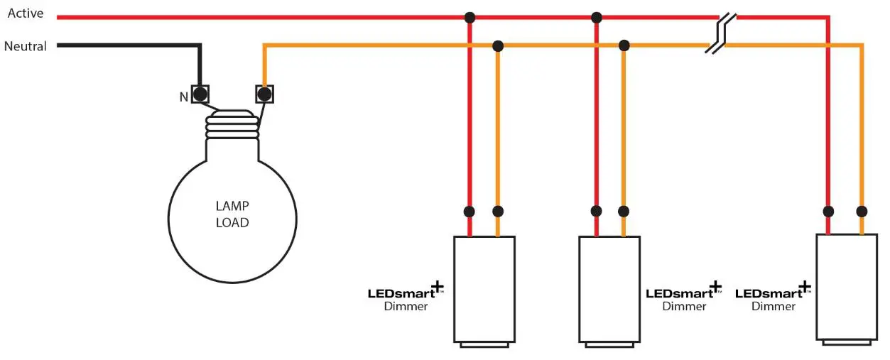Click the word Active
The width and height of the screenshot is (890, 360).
point(26,13)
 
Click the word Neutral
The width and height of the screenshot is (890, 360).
point(26,46)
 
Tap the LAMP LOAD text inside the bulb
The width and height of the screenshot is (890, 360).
point(232,214)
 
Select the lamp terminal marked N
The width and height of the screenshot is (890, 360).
point(200,94)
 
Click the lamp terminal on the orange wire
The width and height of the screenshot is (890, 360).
point(264,94)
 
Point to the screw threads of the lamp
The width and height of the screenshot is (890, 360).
point(232,126)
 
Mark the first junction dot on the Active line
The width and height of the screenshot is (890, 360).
point(470,17)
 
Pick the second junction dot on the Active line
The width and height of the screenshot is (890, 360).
point(597,17)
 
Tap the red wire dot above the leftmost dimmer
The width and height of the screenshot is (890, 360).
point(470,211)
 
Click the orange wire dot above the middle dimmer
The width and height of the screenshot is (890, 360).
point(624,211)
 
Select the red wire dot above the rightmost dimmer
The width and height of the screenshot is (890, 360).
point(828,211)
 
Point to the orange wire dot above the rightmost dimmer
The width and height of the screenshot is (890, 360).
point(862,211)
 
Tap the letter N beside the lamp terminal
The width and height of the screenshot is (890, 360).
point(183,97)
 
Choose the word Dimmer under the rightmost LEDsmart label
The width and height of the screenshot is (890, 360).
point(774,306)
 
